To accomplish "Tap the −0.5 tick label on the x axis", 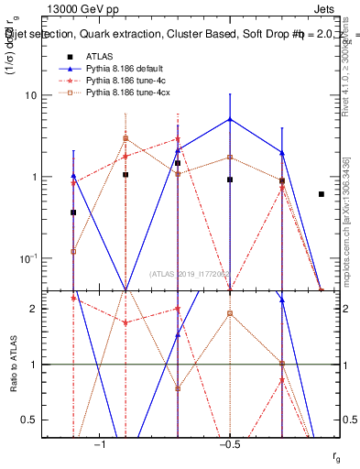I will (x=229, y=443).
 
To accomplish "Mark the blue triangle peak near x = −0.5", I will (x=230, y=119).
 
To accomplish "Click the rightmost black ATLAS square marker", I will (x=321, y=194).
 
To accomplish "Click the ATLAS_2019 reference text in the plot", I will (x=191, y=273).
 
